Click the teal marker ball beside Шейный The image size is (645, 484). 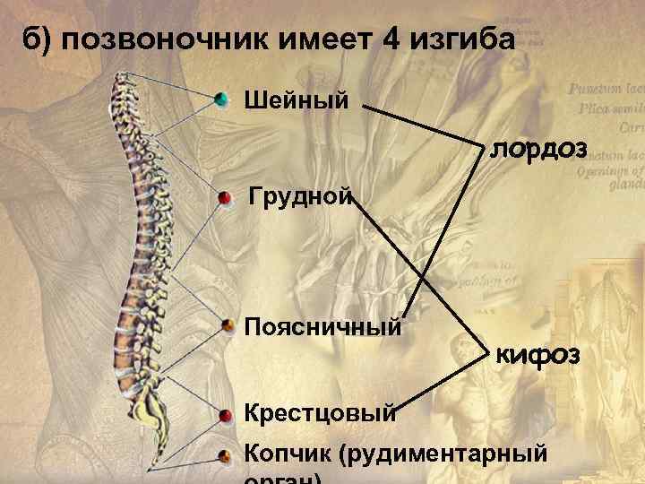point(222,99)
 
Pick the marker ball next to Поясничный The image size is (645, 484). point(228,325)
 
